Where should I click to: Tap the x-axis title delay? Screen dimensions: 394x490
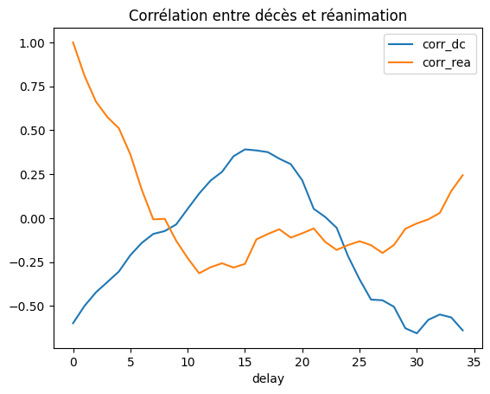pyautogui.click(x=268, y=378)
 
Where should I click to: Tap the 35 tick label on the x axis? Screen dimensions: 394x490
pyautogui.click(x=474, y=360)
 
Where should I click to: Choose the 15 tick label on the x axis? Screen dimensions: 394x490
pyautogui.click(x=245, y=360)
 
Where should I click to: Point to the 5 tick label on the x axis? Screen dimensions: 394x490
pyautogui.click(x=130, y=360)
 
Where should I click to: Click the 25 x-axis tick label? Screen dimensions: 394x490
pyautogui.click(x=360, y=360)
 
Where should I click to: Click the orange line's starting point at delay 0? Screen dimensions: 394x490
pyautogui.click(x=73, y=42)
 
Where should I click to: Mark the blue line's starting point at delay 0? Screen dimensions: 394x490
pyautogui.click(x=73, y=323)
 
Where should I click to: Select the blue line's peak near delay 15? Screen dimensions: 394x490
pyautogui.click(x=245, y=149)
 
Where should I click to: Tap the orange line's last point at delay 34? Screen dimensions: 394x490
pyautogui.click(x=462, y=175)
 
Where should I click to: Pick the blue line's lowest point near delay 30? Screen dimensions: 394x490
pyautogui.click(x=417, y=333)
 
